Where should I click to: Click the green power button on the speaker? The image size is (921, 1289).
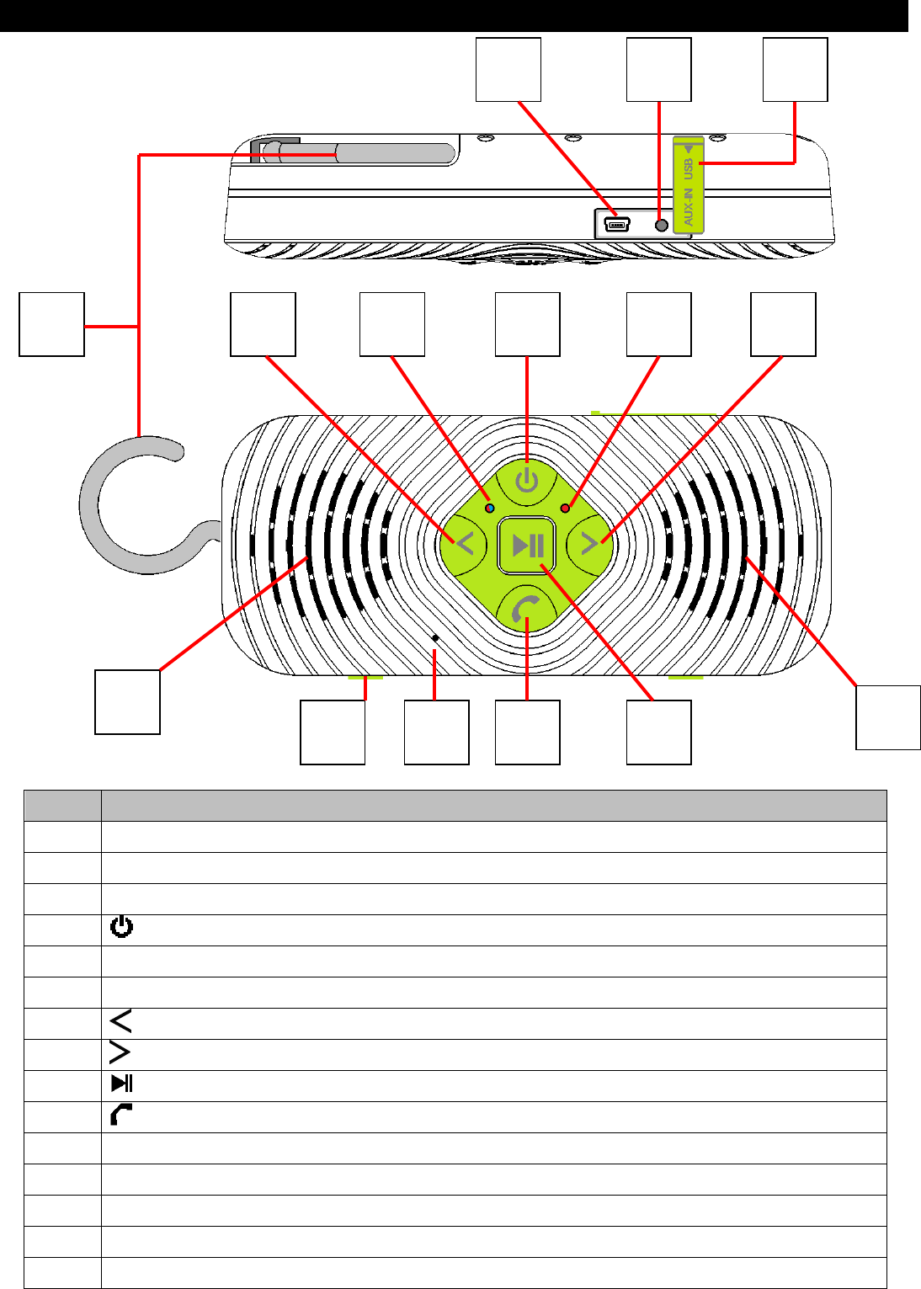(x=527, y=482)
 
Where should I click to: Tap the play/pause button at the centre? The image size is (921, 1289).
(x=528, y=546)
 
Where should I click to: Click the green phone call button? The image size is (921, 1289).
(x=527, y=608)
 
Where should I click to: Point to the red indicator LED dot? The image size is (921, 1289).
(x=565, y=508)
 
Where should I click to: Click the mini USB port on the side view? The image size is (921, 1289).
(x=616, y=225)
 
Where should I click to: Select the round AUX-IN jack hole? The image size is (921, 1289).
(x=661, y=225)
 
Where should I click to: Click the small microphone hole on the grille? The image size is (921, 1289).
(x=434, y=639)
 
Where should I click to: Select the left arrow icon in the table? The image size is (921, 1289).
(x=121, y=1022)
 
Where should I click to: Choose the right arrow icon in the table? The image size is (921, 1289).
(x=121, y=1053)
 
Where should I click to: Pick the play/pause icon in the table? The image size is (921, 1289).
(x=122, y=1084)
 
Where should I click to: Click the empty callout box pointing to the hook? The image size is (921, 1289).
(x=52, y=324)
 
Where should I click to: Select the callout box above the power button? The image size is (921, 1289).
(x=527, y=324)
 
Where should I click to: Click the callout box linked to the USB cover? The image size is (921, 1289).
(x=795, y=69)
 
